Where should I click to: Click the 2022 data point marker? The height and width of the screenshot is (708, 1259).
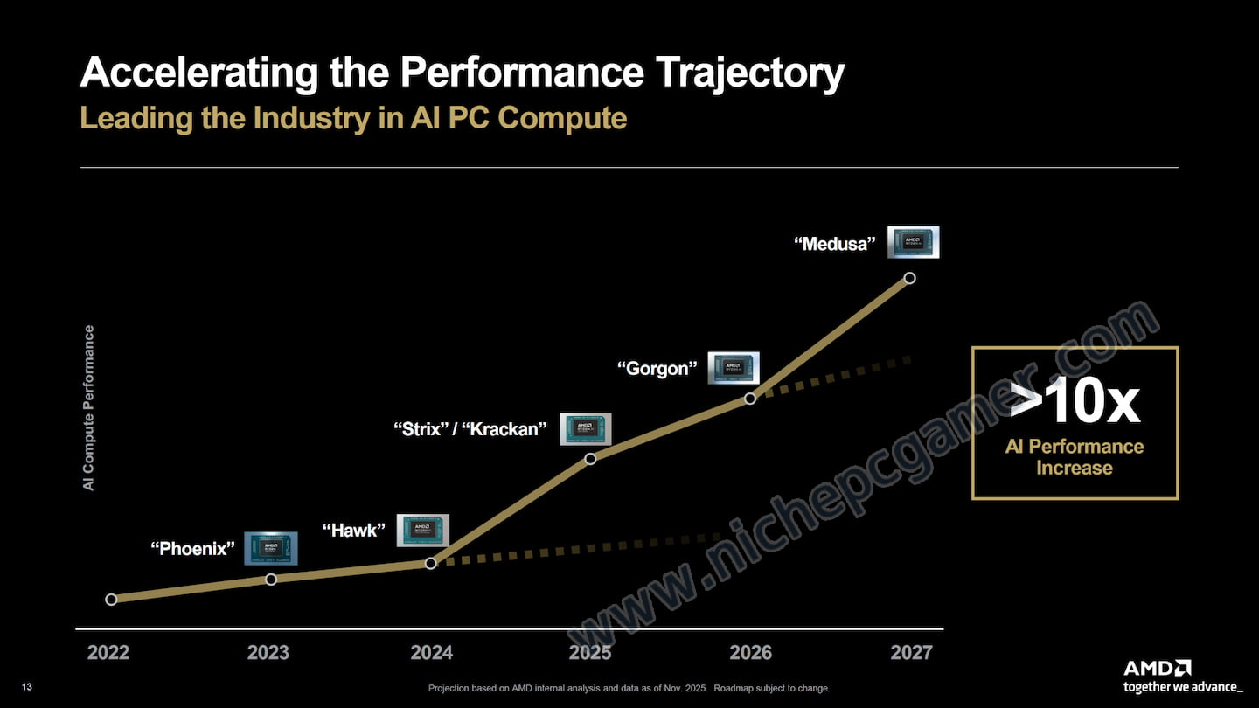click(111, 600)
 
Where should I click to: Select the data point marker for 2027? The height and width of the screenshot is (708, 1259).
click(909, 278)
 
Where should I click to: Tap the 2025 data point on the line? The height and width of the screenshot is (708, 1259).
click(590, 458)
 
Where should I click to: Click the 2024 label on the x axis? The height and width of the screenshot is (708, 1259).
click(432, 653)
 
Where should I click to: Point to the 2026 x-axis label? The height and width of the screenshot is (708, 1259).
click(751, 653)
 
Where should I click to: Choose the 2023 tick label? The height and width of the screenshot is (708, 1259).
click(268, 653)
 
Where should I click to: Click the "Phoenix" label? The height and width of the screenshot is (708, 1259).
click(192, 549)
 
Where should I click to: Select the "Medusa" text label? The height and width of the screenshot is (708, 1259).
click(834, 244)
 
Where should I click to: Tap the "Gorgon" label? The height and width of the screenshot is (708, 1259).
click(657, 369)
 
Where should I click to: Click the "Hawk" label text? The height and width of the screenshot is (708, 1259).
click(353, 530)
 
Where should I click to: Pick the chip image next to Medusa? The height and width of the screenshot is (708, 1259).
click(914, 241)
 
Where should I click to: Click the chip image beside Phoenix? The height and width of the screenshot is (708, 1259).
click(270, 547)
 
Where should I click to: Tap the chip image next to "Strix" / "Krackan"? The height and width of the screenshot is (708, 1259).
click(586, 428)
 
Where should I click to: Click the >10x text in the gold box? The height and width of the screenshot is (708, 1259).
click(1075, 402)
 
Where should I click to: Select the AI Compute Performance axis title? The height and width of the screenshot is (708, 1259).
click(89, 407)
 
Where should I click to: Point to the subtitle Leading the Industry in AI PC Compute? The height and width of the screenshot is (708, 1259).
click(353, 118)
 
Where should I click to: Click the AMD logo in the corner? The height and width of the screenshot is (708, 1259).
click(1157, 669)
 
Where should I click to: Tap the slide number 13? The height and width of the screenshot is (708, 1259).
click(27, 688)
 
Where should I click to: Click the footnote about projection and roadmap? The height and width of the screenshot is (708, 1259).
click(629, 688)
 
